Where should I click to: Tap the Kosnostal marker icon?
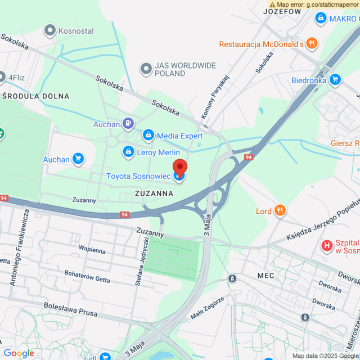click(51, 31)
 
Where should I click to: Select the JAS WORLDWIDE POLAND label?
click(178, 70)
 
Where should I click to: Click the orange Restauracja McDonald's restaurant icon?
click(312, 44)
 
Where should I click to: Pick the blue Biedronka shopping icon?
click(335, 80)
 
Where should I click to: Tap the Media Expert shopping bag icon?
click(148, 136)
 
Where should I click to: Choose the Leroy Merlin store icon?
click(129, 152)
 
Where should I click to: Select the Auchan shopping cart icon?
click(78, 160)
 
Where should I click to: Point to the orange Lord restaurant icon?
click(280, 211)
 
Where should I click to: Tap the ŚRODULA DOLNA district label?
click(36, 96)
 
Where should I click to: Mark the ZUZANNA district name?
click(154, 193)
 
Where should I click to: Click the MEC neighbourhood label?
click(265, 276)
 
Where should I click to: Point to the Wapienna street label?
click(92, 248)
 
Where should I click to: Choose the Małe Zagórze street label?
click(208, 308)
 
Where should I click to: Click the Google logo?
click(19, 353)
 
